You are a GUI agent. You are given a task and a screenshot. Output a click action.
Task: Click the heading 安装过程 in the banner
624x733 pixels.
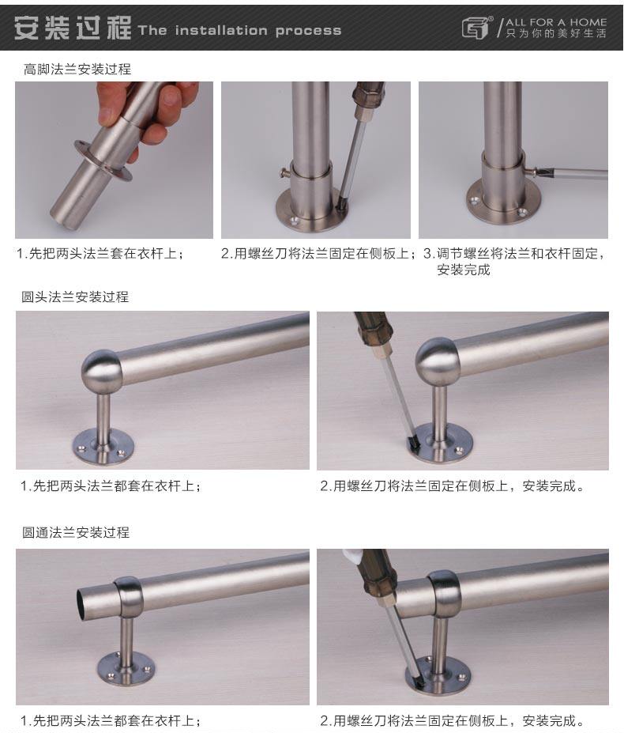(73, 28)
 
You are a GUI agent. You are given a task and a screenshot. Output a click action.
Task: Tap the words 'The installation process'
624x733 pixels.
(239, 31)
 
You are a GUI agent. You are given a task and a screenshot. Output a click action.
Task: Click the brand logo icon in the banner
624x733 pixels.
(477, 28)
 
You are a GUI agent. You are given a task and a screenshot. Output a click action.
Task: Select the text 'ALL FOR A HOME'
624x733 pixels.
(556, 22)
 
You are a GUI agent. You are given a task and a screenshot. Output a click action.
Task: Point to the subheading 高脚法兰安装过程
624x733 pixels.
(77, 69)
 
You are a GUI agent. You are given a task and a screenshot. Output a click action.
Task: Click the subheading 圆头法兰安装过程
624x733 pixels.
(75, 297)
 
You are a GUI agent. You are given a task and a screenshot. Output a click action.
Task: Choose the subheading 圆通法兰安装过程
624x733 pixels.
(76, 532)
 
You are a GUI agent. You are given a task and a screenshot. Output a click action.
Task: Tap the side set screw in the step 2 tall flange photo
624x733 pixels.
(285, 173)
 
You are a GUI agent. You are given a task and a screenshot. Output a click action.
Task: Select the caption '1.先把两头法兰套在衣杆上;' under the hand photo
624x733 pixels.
(100, 253)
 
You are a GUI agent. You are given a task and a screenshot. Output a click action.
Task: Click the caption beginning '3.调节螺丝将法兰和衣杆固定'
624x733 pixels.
(513, 253)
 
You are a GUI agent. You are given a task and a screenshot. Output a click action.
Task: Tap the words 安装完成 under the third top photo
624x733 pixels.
(464, 270)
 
